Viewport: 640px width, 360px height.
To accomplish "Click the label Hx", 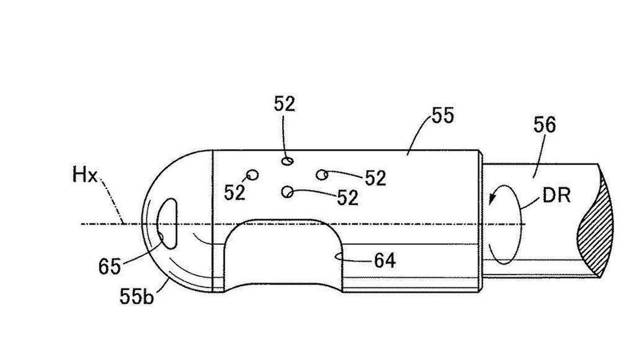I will (85, 176).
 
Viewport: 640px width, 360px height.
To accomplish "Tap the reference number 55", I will (442, 116).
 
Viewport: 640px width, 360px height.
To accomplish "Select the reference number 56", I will (544, 125).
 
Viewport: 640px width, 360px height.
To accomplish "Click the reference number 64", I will (384, 261).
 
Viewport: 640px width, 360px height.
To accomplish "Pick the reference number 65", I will (109, 266).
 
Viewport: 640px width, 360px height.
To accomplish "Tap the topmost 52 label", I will (285, 104).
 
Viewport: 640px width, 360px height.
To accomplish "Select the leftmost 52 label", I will (235, 193).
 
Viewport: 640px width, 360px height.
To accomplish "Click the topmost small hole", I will (287, 161).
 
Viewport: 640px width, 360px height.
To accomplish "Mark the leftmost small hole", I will (253, 174).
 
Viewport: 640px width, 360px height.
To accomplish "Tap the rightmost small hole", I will (322, 174).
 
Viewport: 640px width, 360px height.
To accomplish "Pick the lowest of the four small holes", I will (287, 191).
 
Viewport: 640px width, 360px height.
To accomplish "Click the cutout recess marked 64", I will (285, 256).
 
